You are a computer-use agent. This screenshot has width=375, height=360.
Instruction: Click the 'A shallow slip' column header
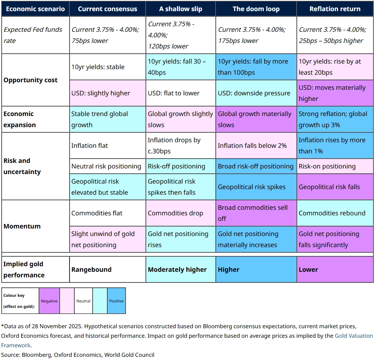click(181, 9)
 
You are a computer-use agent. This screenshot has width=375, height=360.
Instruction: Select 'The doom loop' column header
click(256, 9)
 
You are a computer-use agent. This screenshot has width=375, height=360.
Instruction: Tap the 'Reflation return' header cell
click(335, 9)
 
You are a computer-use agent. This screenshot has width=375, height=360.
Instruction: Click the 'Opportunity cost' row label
click(31, 80)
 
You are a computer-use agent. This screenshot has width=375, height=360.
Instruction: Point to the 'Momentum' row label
click(22, 226)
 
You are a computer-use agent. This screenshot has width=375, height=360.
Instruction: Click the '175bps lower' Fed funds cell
click(256, 35)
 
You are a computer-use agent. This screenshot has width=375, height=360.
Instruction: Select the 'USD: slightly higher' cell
click(107, 93)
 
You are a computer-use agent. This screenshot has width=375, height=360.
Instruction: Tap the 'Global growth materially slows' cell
click(256, 119)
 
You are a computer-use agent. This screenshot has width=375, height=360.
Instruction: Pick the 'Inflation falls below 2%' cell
click(256, 145)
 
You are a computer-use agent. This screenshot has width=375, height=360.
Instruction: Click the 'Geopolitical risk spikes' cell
click(256, 187)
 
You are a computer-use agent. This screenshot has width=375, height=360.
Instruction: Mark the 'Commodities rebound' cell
click(335, 213)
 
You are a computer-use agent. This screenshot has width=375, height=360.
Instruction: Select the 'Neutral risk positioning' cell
click(107, 166)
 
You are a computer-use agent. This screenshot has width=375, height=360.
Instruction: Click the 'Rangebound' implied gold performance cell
click(107, 269)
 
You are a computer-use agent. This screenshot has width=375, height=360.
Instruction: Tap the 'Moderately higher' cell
click(181, 269)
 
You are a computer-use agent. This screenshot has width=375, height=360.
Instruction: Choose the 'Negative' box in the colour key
click(49, 301)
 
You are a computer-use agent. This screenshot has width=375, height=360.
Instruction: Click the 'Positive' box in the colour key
click(116, 301)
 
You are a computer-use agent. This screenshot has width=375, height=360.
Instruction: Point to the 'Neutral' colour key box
click(83, 301)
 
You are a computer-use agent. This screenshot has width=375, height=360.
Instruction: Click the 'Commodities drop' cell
click(181, 213)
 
